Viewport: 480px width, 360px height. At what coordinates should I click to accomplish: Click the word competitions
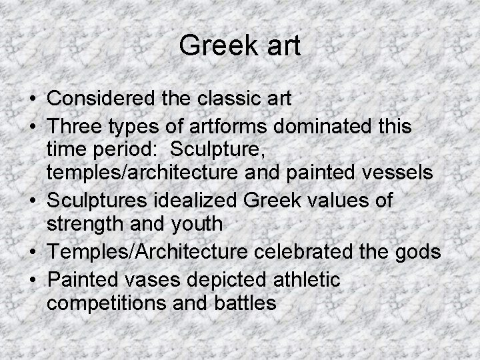point(101,304)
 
